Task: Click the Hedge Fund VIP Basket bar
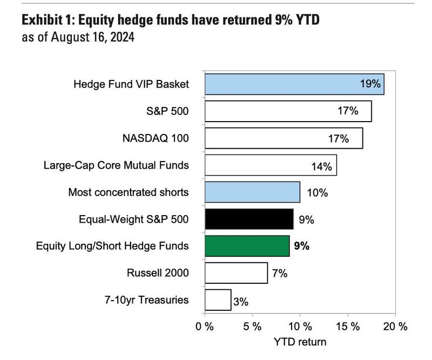[294, 84]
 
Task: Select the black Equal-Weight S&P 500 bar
[249, 219]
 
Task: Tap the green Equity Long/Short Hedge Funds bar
[247, 246]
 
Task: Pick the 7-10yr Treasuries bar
[218, 299]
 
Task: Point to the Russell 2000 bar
[236, 272]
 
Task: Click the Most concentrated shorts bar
[252, 192]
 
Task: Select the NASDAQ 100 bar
[283, 138]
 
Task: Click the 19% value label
[371, 84]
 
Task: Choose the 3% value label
[240, 301]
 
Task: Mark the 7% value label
[279, 273]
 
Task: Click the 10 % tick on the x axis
[300, 326]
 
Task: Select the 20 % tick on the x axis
[395, 326]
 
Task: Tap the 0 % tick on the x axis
[205, 326]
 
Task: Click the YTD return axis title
[300, 342]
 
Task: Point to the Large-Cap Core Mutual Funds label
[116, 165]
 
